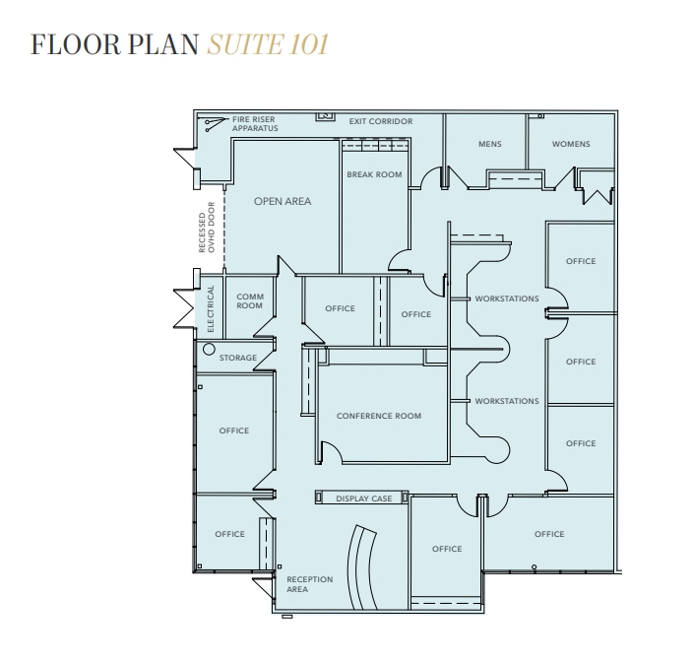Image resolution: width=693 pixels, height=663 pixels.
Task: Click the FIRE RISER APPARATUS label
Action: coord(255,124)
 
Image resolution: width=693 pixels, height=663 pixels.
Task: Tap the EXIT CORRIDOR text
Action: coord(381,121)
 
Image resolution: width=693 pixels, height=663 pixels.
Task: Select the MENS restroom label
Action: coord(489,144)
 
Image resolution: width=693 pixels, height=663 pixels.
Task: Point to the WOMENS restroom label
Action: coord(570,144)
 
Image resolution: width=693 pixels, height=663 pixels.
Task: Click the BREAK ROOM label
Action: coord(374,174)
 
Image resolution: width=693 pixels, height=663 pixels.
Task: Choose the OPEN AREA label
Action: coord(283,201)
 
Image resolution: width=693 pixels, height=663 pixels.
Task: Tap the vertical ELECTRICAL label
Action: coord(210,306)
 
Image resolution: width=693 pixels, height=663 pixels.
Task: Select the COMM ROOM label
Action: coord(250,301)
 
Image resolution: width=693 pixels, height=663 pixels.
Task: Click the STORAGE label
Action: coord(238,358)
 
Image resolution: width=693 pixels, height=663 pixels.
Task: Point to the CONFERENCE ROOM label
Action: coord(379,416)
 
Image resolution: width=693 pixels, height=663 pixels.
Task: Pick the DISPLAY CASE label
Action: coord(364,498)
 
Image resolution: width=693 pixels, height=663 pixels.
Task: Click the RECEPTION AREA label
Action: coord(309,584)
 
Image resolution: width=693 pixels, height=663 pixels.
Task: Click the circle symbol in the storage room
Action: coord(209,349)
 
